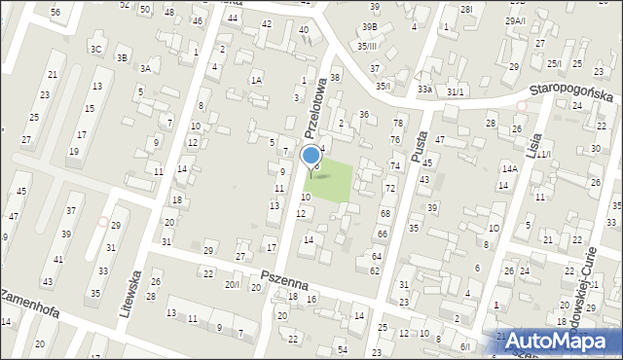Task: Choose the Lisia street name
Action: [531, 148]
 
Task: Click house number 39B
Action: [370, 27]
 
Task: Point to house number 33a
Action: [424, 90]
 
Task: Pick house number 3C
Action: [95, 49]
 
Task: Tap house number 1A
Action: [256, 81]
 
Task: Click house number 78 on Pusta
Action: [397, 123]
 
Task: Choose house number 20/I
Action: [232, 284]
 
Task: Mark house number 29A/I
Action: [515, 20]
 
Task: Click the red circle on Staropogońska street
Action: [522, 106]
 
